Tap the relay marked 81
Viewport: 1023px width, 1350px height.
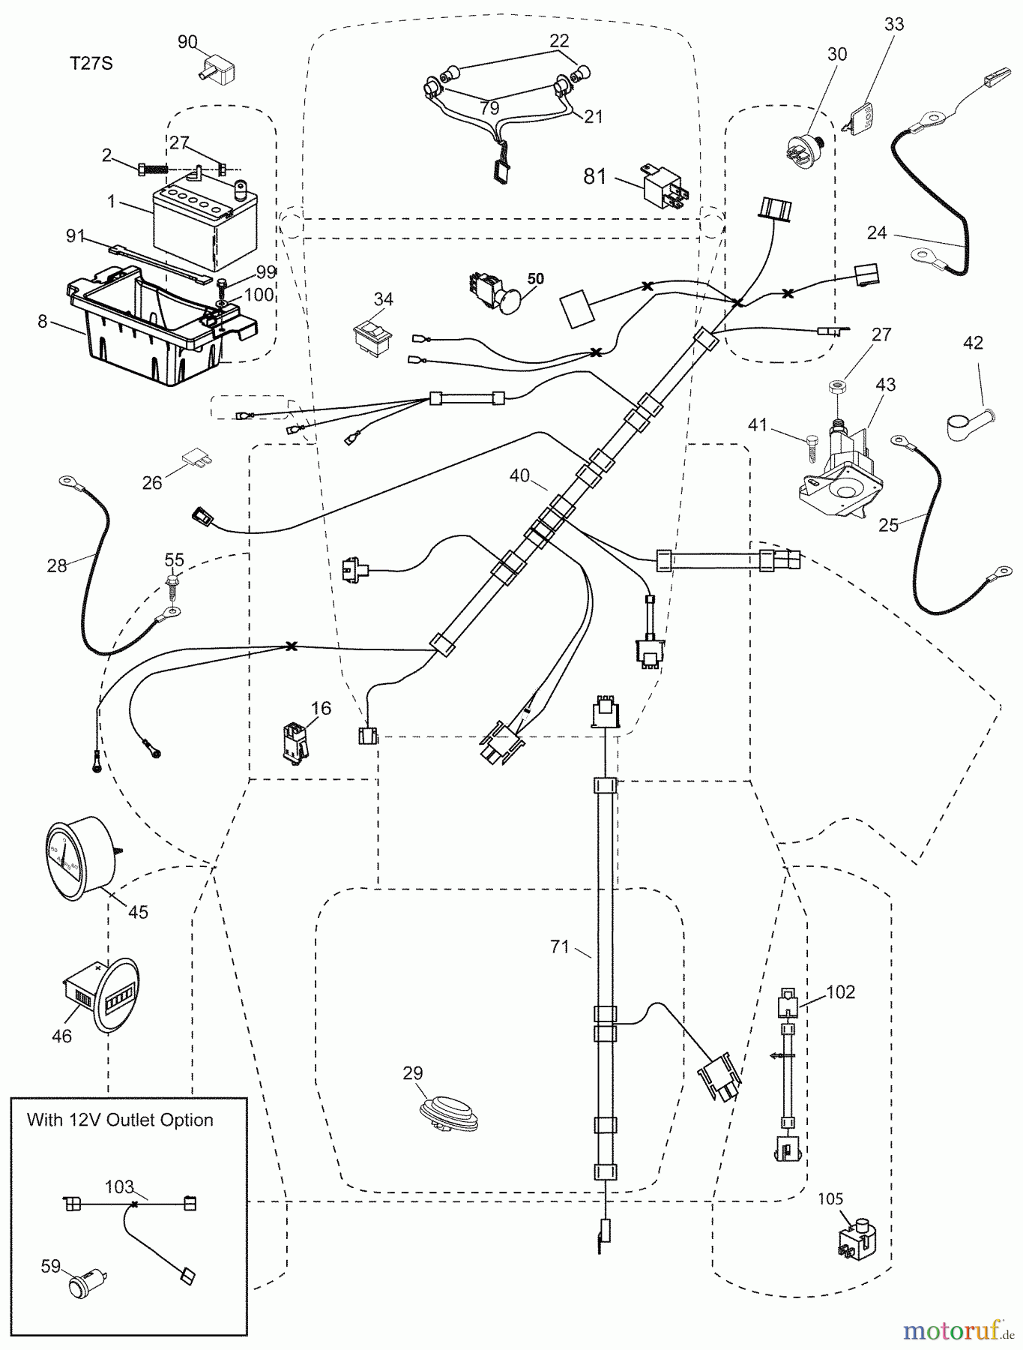[663, 184]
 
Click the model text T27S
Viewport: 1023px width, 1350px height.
[91, 64]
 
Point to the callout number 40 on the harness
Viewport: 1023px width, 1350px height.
[519, 475]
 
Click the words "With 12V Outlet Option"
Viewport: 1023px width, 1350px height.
[120, 1120]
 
